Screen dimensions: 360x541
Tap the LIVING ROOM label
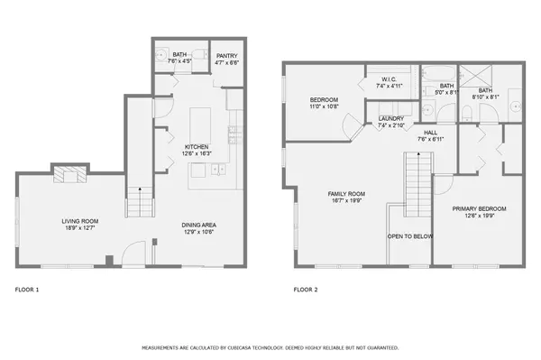(x=80, y=221)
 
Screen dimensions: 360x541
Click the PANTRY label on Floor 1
(x=226, y=56)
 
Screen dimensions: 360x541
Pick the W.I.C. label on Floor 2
(x=389, y=79)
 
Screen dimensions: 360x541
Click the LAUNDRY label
(x=390, y=118)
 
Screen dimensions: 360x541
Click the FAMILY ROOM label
(x=345, y=194)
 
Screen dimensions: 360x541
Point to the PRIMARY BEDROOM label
(x=478, y=208)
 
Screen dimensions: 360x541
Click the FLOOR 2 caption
(x=306, y=291)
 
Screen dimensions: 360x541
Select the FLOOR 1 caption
(x=27, y=291)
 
